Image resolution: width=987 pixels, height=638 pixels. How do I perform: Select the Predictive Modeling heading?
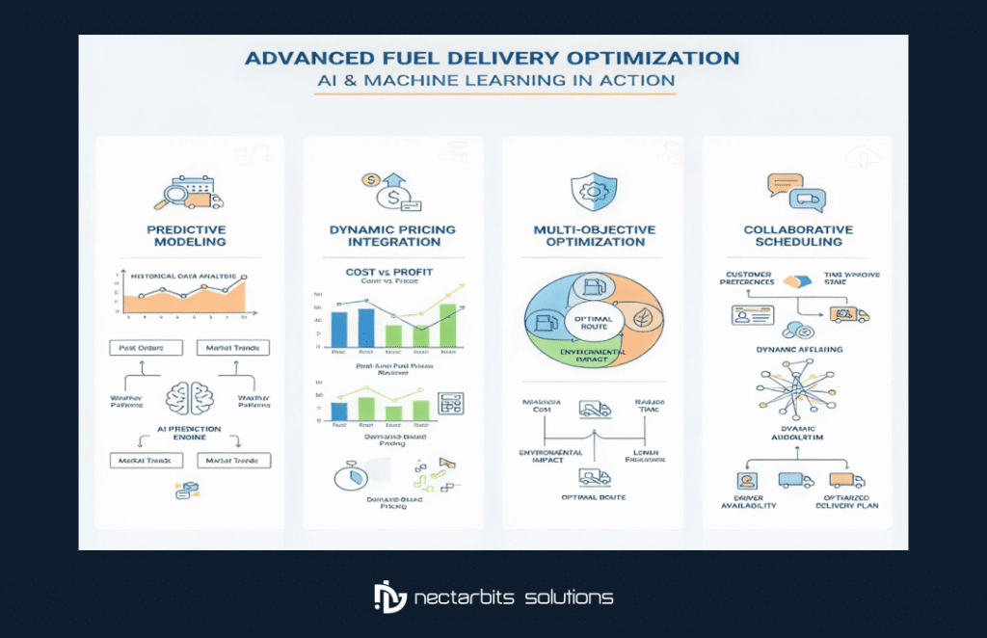(x=186, y=236)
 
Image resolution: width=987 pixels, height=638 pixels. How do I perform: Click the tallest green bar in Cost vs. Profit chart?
(x=447, y=324)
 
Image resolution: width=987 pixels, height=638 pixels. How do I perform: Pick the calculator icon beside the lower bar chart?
(x=448, y=403)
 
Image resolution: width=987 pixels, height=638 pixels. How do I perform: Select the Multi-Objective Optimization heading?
(x=594, y=236)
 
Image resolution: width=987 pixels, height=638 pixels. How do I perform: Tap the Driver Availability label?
(x=749, y=500)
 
